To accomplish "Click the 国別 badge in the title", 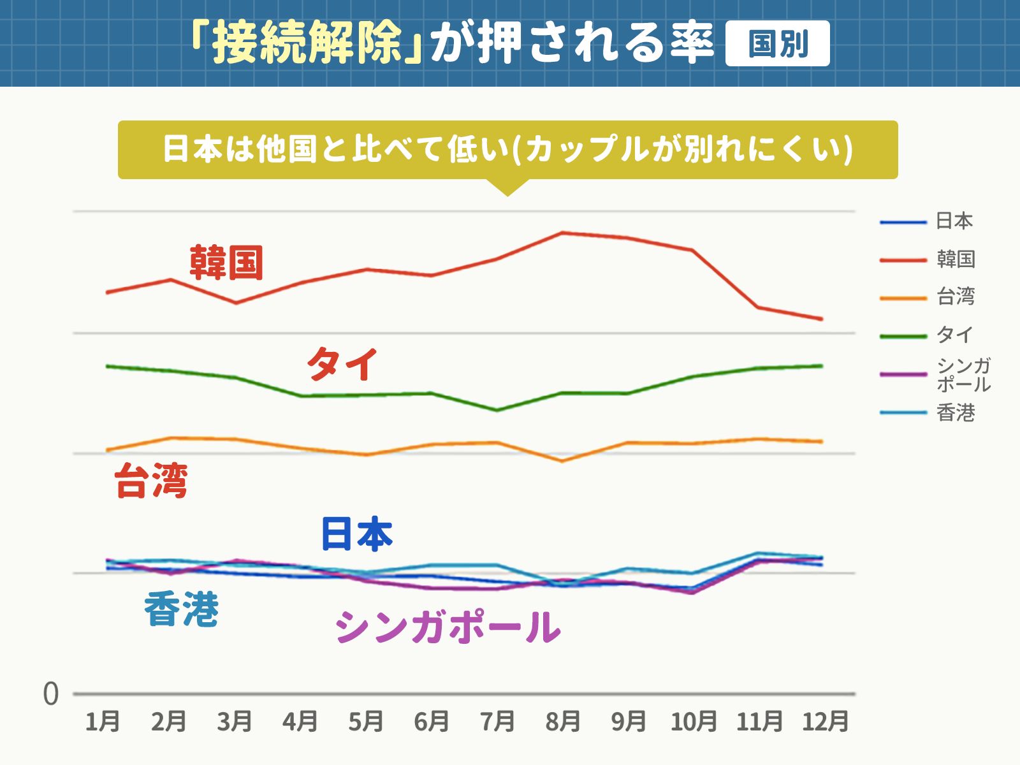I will click(x=777, y=43).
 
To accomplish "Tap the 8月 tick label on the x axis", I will click(x=563, y=722).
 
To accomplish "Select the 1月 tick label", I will click(x=103, y=722).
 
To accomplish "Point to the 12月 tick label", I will click(x=825, y=722).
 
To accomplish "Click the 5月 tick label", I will click(x=366, y=722).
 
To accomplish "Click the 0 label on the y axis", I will click(x=51, y=694).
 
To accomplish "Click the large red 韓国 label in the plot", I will click(x=226, y=262).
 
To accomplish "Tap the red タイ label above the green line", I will click(x=342, y=364).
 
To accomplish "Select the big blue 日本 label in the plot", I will click(x=356, y=534).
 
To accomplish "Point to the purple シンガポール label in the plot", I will click(x=448, y=627).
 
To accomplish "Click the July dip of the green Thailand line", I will click(x=497, y=410).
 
